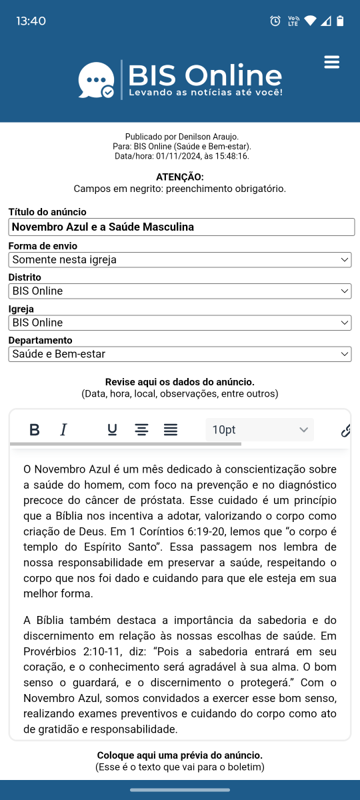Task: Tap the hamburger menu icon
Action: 331,62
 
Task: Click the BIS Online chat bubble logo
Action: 96,81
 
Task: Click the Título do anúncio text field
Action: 181,227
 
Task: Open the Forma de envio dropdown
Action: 180,259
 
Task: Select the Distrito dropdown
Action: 180,291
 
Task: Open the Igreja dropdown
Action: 180,323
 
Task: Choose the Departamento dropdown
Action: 180,354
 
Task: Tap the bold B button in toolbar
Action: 35,430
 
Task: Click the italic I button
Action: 64,430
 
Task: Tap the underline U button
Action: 112,430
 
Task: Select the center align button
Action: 141,430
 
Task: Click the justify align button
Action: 171,430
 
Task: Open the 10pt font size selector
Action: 259,430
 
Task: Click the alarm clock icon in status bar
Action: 275,21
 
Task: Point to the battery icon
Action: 340,21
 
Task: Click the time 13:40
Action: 31,21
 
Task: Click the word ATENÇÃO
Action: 180,177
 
